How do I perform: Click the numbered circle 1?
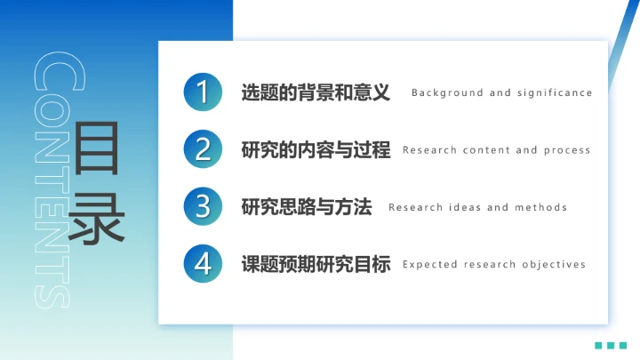click(x=204, y=92)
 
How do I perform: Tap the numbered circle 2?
click(x=204, y=149)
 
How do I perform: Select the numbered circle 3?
click(x=204, y=206)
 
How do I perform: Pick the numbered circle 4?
click(x=204, y=263)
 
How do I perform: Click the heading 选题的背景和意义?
click(x=316, y=92)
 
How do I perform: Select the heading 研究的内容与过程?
click(x=316, y=149)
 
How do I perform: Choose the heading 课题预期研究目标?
click(x=316, y=264)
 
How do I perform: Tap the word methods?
click(x=541, y=207)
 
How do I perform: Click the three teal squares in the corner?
click(x=611, y=345)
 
